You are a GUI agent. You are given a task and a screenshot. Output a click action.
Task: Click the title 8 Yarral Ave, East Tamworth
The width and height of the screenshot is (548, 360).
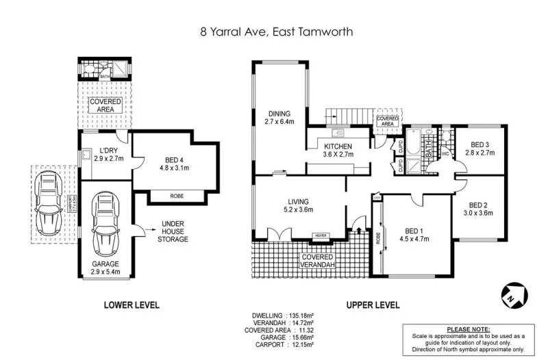pos(273,31)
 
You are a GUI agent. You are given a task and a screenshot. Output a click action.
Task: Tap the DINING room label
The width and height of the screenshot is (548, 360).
pos(280,118)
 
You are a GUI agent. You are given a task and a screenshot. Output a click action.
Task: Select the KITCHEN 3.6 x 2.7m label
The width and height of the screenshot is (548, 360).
pos(338,151)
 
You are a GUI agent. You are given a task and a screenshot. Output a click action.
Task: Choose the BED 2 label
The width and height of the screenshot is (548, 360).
pos(481,208)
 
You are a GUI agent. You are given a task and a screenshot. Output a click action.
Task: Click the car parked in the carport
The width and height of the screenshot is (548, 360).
pos(49,203)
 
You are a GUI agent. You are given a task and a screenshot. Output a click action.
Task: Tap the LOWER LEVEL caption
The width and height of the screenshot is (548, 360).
pos(131,305)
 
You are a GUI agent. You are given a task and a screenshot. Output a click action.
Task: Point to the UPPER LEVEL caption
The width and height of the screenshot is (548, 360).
pos(374,305)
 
